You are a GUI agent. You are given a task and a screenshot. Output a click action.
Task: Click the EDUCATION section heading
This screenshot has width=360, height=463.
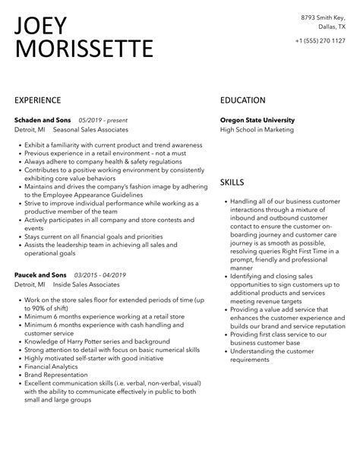point(243,100)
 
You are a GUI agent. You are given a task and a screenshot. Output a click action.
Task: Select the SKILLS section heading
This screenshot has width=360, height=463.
point(232,182)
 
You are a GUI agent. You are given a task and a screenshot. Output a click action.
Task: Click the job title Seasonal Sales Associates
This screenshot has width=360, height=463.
point(90,131)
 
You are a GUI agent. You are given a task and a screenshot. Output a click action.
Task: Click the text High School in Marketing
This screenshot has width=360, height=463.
point(256,131)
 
